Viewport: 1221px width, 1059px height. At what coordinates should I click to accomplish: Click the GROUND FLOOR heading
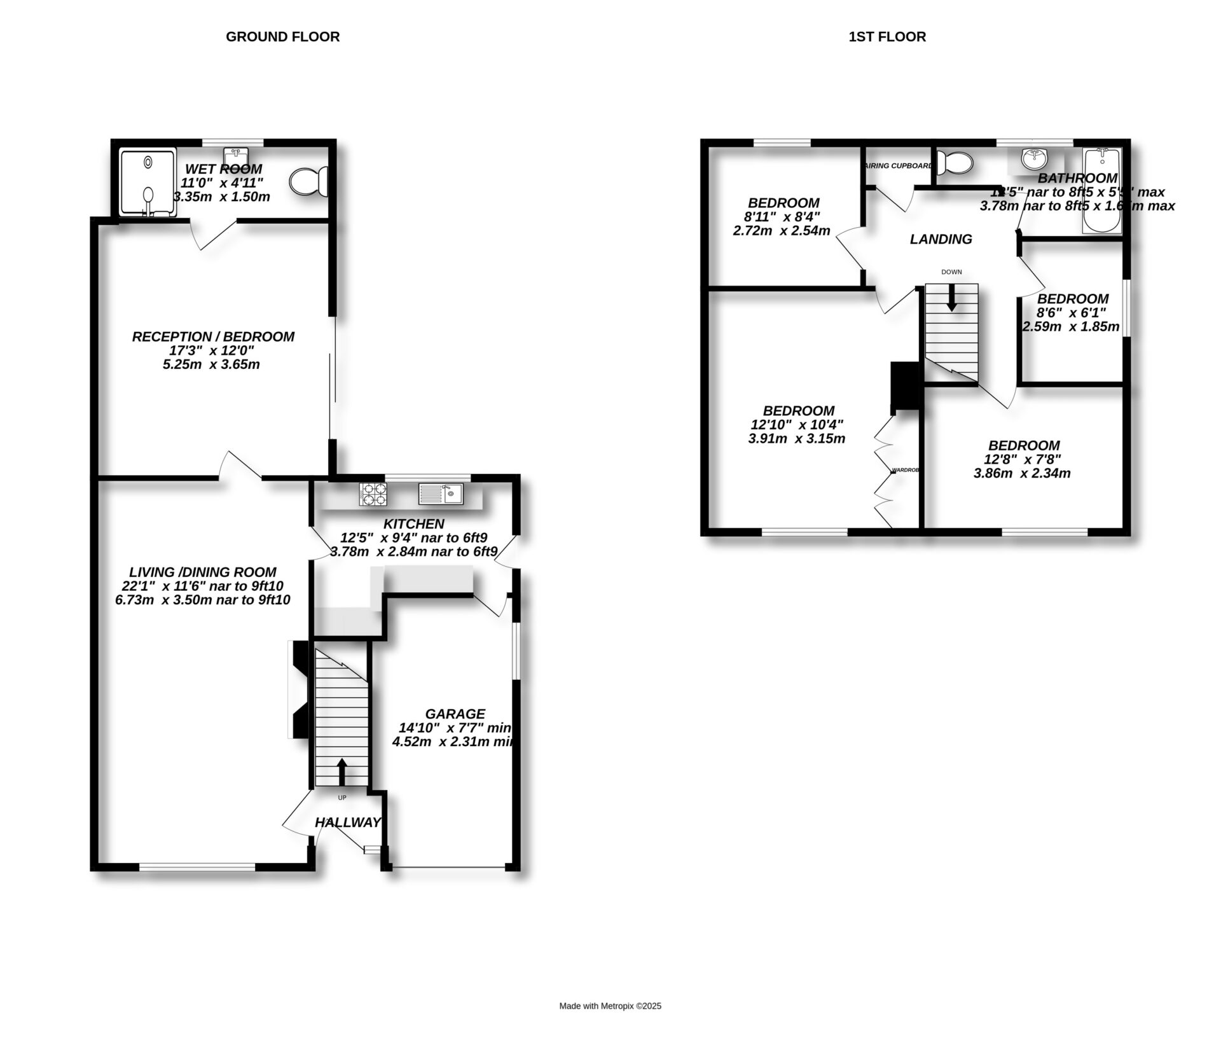[x=282, y=37]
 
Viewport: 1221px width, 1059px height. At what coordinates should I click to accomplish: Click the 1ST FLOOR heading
[x=887, y=37]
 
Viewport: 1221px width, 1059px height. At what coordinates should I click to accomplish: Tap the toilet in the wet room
[x=308, y=182]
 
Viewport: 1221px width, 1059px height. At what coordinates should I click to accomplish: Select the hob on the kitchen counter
[x=373, y=494]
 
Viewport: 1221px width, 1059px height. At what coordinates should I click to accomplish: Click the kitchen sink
[x=441, y=494]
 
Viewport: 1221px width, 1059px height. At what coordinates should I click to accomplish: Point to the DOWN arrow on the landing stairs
[x=951, y=297]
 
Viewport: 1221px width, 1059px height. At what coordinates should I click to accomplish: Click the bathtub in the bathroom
[x=1101, y=191]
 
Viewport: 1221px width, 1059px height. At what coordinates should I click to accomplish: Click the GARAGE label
[x=455, y=714]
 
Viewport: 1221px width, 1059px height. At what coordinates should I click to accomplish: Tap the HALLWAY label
[x=348, y=822]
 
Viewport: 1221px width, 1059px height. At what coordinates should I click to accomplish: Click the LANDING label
[x=941, y=239]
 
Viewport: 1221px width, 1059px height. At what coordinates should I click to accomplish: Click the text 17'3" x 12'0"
[x=213, y=350]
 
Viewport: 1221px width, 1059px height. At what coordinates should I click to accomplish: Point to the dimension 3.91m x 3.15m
[x=797, y=438]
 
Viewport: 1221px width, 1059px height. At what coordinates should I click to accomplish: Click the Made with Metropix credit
[x=610, y=1006]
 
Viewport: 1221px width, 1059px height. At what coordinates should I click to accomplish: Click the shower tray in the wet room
[x=148, y=183]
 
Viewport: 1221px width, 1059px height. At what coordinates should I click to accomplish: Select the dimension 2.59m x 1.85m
[x=1071, y=327]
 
